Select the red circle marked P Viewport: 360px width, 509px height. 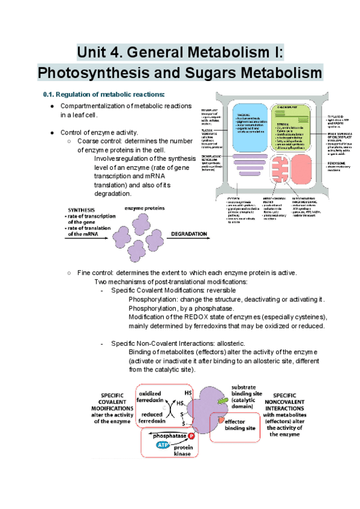pyautogui.click(x=192, y=435)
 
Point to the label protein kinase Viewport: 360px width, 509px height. pyautogui.click(x=183, y=450)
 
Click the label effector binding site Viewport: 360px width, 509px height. pyautogui.click(x=243, y=425)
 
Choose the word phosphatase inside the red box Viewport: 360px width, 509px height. pyautogui.click(x=169, y=435)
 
